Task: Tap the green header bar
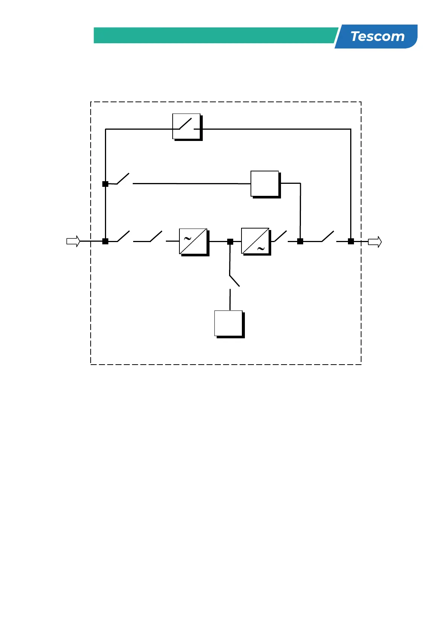214,35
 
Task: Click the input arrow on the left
73,241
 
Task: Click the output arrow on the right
375,242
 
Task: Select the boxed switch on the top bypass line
187,126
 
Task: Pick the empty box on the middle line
265,183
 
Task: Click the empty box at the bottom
228,323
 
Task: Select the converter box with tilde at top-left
193,241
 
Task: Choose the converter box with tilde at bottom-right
255,241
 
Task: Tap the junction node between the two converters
230,242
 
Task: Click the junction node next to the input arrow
105,241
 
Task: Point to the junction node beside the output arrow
351,241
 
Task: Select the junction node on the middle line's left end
105,184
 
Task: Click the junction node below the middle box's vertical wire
300,241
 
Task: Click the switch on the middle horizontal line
123,179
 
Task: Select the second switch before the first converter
155,236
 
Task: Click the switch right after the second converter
280,236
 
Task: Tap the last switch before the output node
327,236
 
